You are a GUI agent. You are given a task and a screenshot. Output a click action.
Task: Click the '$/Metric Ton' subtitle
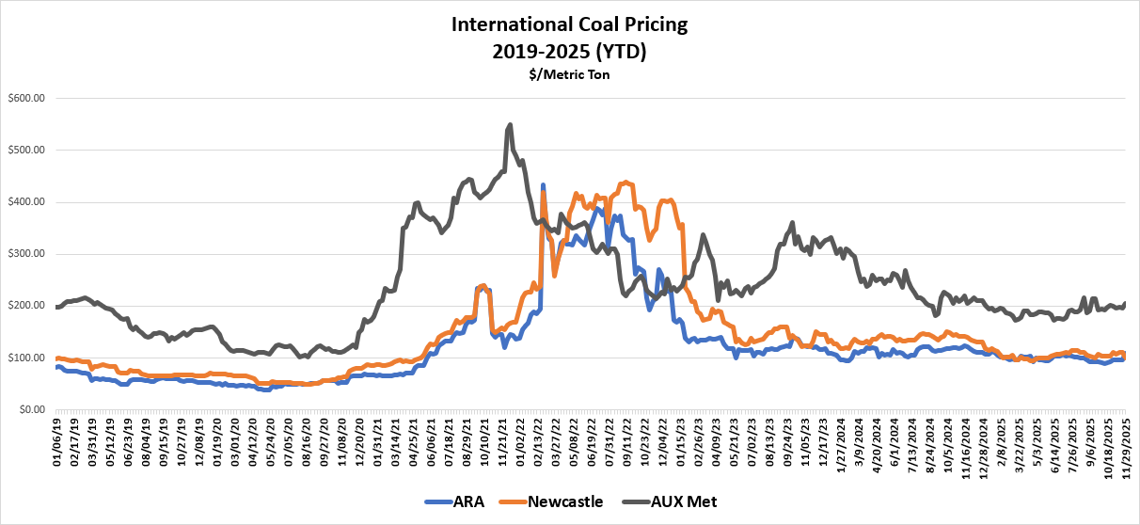coord(570,73)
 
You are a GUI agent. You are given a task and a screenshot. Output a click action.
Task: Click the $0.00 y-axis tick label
coord(33,410)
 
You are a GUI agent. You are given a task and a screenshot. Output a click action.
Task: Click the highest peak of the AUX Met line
coord(510,124)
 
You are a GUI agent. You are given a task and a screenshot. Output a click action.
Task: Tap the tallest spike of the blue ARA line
coord(543,185)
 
